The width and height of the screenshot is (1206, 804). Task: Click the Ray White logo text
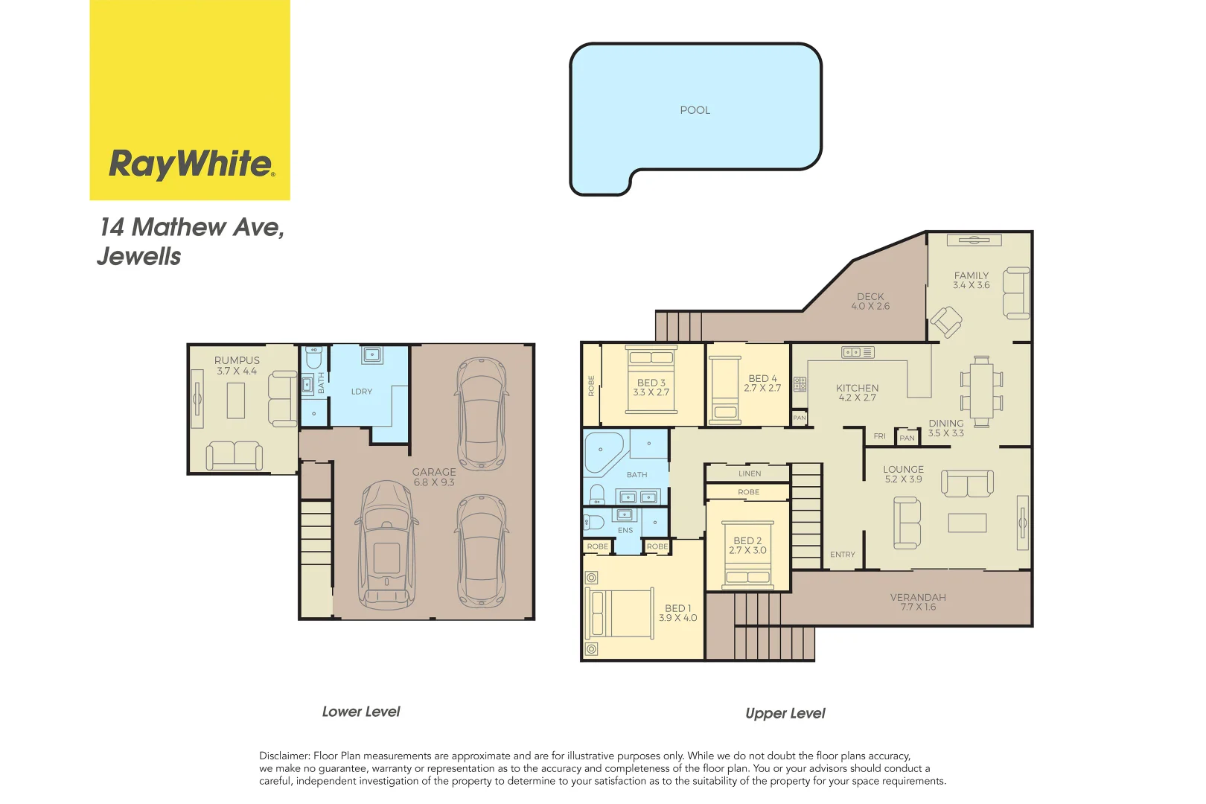(x=191, y=163)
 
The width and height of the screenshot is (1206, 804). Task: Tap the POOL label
(x=695, y=110)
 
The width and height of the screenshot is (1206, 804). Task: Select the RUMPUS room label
(x=237, y=360)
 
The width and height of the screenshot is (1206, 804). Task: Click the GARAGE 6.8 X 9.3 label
(x=434, y=477)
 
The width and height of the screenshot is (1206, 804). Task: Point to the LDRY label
(x=362, y=392)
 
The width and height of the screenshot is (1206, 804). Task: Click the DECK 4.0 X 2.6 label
(x=870, y=301)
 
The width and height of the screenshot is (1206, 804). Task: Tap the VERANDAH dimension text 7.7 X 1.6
(x=918, y=607)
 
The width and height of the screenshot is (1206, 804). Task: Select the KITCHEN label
(x=857, y=388)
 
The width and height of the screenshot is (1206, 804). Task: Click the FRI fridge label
(x=880, y=436)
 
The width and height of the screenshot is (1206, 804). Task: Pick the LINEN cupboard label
(x=750, y=473)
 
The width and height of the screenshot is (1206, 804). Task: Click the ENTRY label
(x=843, y=555)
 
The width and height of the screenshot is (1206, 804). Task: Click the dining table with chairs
(x=981, y=390)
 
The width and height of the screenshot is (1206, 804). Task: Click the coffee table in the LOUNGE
(x=967, y=523)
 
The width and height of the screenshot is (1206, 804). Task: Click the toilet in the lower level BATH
(x=314, y=358)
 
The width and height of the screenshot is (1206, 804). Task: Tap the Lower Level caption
(x=361, y=712)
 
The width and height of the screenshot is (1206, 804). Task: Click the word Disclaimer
(x=284, y=756)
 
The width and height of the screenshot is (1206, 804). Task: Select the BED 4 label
(x=762, y=378)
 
